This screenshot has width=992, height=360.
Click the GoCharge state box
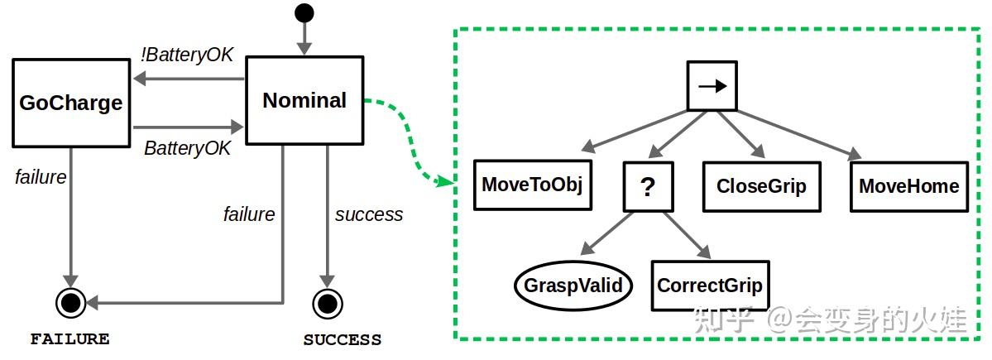pos(71,103)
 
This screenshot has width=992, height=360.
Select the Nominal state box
pos(304,100)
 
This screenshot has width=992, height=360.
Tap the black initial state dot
pos(304,12)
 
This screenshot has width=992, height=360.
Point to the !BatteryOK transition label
pos(187,55)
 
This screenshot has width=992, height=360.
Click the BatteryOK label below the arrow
pos(187,148)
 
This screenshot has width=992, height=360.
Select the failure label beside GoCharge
pos(41,177)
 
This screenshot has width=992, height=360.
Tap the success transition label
pos(369,214)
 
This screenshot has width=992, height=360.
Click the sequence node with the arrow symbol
pos(712,85)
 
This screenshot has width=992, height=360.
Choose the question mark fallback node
pos(648,186)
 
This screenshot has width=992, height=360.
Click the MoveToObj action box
pos(533,185)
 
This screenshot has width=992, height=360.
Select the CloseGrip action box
pos(762,186)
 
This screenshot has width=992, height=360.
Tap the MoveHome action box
pos(909,186)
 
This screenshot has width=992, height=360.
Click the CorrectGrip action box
pos(710,286)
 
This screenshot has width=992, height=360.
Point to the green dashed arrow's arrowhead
pos(447,181)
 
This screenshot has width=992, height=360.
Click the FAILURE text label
pos(70,339)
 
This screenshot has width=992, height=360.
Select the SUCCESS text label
pos(343,340)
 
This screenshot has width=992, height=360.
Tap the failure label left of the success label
pos(249,214)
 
